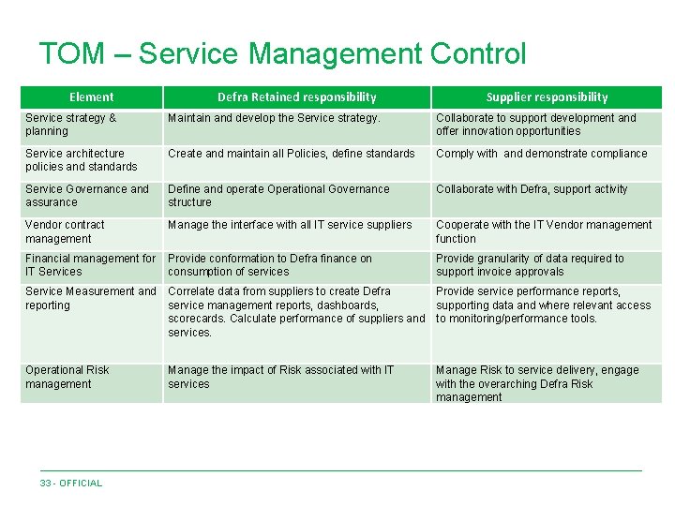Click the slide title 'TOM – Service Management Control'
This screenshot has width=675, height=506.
282,53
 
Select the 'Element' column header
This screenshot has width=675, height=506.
92,97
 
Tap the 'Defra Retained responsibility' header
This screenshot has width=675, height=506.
296,97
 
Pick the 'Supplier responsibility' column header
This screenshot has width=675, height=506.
547,97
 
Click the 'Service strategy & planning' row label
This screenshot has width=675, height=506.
71,125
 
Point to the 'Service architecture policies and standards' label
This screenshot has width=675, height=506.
82,160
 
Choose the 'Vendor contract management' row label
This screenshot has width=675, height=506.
66,231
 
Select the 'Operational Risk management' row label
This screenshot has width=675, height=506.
67,377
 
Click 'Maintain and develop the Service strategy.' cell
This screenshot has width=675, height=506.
274,118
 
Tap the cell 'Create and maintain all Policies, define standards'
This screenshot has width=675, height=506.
291,154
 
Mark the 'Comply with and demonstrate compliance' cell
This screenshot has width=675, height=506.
542,154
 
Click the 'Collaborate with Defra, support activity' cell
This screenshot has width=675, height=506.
532,189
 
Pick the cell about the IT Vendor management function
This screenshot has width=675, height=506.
544,231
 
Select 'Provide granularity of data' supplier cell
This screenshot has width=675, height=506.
530,265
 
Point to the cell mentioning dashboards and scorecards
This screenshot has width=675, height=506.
295,312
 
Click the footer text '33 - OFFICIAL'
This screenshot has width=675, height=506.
71,484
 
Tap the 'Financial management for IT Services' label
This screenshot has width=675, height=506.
91,265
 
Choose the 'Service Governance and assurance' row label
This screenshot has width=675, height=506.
87,196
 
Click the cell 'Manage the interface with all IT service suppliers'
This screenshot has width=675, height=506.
290,225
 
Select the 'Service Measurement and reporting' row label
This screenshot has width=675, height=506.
91,298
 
